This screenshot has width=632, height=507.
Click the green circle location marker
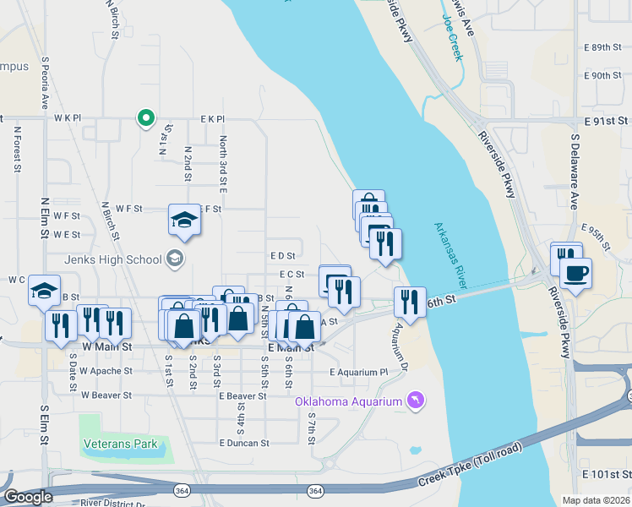tap(145, 117)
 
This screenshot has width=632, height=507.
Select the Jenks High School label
tap(117, 259)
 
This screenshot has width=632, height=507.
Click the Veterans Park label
tap(120, 443)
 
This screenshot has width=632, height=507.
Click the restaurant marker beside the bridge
tap(410, 303)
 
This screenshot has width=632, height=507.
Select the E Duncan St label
tap(243, 442)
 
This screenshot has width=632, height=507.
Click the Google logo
tap(27, 497)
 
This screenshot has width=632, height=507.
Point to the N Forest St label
tap(17, 150)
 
